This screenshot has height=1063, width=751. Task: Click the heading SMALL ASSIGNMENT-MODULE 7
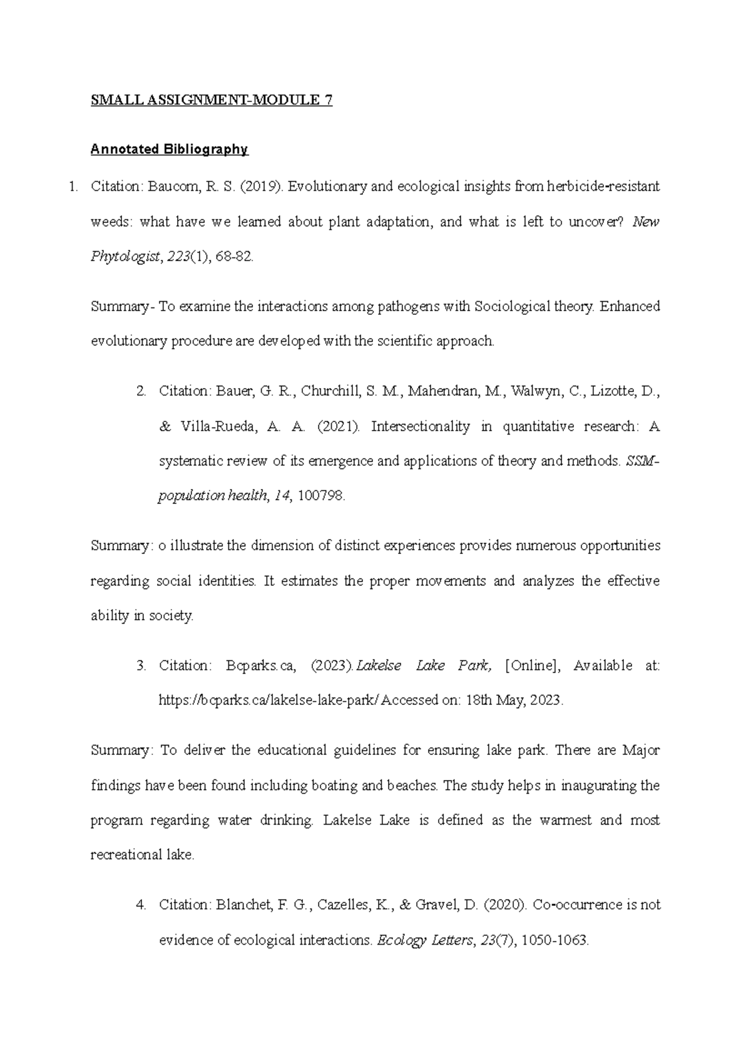coord(212,101)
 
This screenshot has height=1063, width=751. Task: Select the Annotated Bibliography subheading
coord(169,150)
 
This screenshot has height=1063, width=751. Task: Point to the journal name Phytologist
coord(125,257)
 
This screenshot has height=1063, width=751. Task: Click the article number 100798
coord(321,496)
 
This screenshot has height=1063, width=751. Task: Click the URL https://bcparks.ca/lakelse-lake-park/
coord(269,701)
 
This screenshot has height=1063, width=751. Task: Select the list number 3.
coord(141,665)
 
